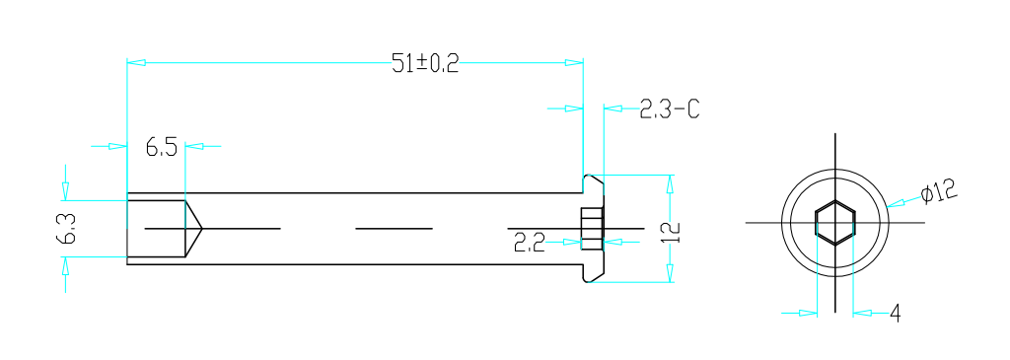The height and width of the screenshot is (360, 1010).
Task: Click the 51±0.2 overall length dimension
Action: click(x=425, y=64)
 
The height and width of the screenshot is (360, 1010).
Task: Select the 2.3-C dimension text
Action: click(x=670, y=108)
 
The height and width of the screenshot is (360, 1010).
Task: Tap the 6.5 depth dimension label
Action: click(x=161, y=148)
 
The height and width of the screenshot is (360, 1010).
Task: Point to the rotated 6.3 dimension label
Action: click(x=66, y=229)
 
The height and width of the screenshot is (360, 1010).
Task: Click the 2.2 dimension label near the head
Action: click(x=530, y=243)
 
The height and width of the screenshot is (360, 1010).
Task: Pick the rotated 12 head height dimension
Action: click(x=671, y=232)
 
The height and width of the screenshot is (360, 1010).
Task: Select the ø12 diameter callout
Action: click(x=940, y=192)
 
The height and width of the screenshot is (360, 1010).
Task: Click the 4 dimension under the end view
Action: click(x=896, y=314)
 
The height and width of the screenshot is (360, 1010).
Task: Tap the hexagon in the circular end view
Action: click(x=835, y=223)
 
